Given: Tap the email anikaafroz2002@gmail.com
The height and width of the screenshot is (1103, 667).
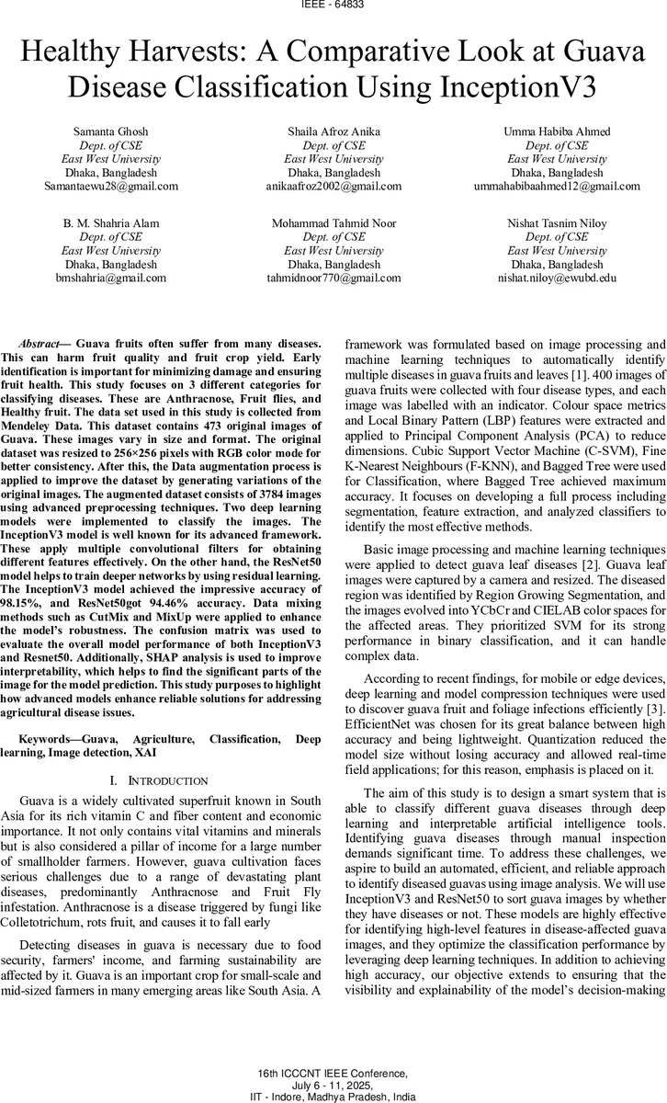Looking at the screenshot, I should pyautogui.click(x=333, y=186).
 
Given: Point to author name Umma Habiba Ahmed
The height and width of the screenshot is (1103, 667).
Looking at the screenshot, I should pyautogui.click(x=556, y=131).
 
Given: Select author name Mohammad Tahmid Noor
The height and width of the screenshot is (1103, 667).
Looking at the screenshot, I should pyautogui.click(x=333, y=223).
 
